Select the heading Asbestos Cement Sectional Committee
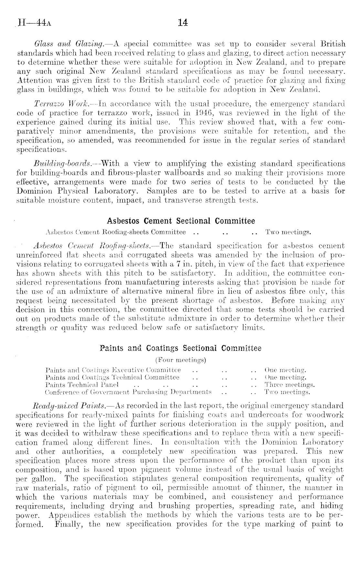[x=181, y=221]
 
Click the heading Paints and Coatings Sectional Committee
[x=181, y=348]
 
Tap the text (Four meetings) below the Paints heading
[x=181, y=360]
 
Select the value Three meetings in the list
[x=289, y=385]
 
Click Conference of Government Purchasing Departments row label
[x=128, y=392]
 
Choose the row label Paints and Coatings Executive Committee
[x=113, y=370]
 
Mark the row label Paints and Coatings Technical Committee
[x=112, y=377]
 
